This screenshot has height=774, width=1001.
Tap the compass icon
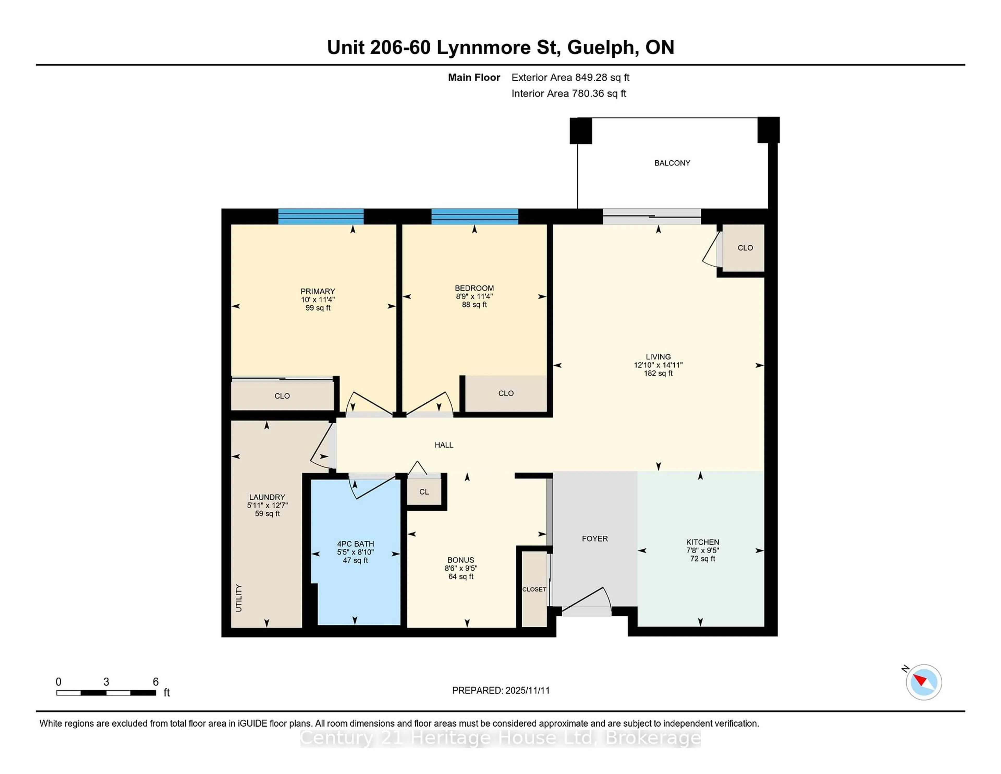(x=924, y=682)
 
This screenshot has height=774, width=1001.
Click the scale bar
(x=106, y=692)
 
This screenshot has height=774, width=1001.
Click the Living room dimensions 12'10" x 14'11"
(x=658, y=365)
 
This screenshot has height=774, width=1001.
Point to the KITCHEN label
(x=702, y=542)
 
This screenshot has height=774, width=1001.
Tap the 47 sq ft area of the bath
(x=355, y=560)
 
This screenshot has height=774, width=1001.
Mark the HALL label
(x=444, y=445)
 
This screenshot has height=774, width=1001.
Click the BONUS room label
(x=461, y=560)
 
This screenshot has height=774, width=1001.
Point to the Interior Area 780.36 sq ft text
(x=568, y=94)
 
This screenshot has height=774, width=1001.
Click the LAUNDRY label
(x=267, y=497)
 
